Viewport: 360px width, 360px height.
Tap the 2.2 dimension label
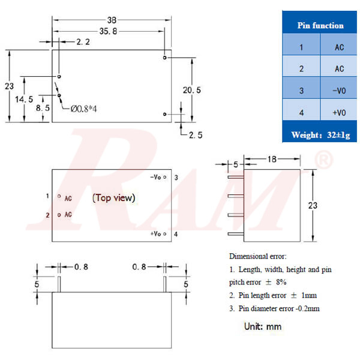pyautogui.click(x=83, y=42)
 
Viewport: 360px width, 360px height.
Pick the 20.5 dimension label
pyautogui.click(x=191, y=89)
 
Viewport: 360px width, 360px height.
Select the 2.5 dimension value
pyautogui.click(x=196, y=135)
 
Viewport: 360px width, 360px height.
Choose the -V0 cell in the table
pyautogui.click(x=339, y=91)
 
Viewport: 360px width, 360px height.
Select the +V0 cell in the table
pyautogui.click(x=339, y=113)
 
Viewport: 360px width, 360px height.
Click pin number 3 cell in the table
pyautogui.click(x=301, y=91)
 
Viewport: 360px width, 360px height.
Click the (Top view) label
pyautogui.click(x=113, y=197)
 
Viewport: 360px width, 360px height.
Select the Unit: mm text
pyautogui.click(x=262, y=326)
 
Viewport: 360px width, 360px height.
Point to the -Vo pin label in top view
pyautogui.click(x=156, y=178)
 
